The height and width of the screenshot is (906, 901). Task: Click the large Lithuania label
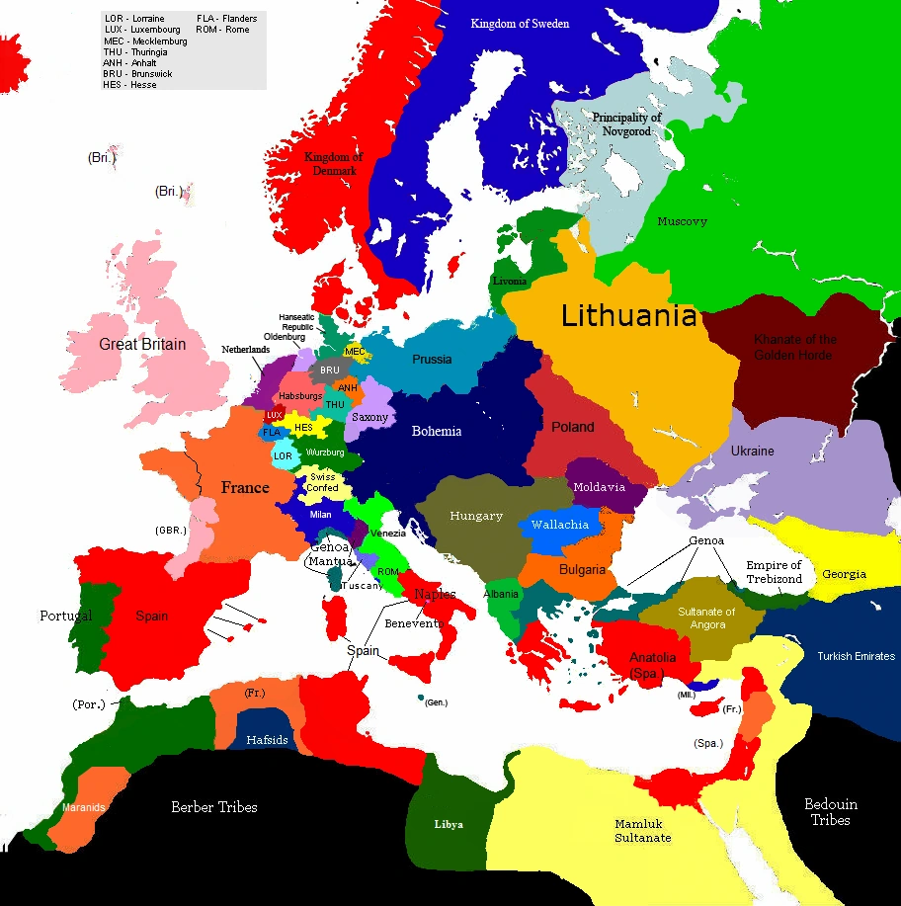point(628,316)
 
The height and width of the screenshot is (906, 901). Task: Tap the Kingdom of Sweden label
point(520,24)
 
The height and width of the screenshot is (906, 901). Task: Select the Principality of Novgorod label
point(626,124)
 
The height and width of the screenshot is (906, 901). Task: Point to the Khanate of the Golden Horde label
point(794,347)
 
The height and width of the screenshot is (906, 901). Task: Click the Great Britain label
point(142,345)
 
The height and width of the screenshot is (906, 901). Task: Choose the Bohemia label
point(437,431)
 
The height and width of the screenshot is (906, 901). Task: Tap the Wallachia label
point(560,525)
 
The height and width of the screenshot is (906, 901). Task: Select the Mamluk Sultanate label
point(642,831)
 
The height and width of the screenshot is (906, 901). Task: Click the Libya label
point(449,824)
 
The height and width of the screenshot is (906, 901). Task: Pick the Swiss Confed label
point(322,482)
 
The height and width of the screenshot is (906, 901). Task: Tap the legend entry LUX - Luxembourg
point(142,30)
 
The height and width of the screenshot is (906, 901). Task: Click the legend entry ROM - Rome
point(223,30)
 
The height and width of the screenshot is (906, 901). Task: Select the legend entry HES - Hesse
point(129,85)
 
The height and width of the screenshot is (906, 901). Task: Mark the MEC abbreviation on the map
point(355,351)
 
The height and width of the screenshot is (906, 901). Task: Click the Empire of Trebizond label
point(775,572)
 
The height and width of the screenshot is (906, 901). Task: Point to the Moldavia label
point(599,487)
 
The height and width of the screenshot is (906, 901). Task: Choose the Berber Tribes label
point(213,807)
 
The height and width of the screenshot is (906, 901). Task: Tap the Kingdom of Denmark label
point(333,164)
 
